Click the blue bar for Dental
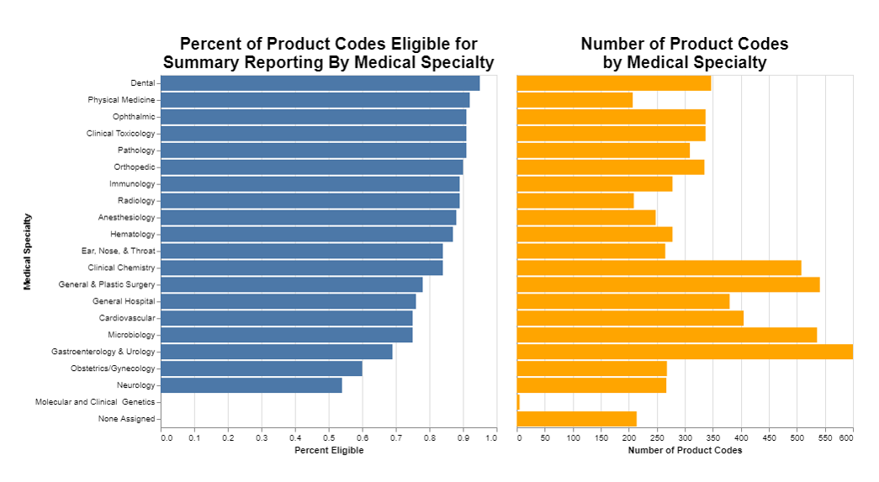tap(320, 83)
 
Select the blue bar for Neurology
tap(251, 385)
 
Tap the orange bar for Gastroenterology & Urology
tap(685, 352)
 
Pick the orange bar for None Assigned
tap(576, 419)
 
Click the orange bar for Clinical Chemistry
tap(659, 267)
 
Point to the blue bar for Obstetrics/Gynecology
tap(261, 368)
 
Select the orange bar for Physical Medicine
tap(575, 100)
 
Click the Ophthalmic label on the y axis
tap(134, 117)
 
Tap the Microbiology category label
tap(130, 335)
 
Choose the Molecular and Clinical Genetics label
tap(95, 402)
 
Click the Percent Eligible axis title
tap(329, 451)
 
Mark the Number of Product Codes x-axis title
tap(685, 451)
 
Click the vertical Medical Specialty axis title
tap(28, 252)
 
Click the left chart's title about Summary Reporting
tap(328, 53)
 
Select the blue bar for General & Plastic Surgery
tap(291, 284)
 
